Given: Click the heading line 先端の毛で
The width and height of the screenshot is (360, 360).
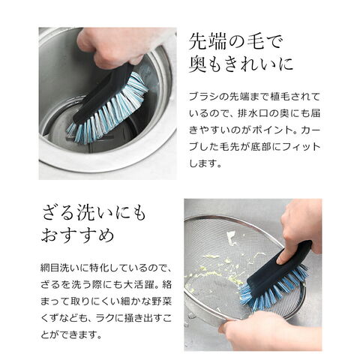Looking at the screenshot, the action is point(235,42).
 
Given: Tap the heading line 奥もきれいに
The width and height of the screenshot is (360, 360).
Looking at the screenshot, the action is point(241,64).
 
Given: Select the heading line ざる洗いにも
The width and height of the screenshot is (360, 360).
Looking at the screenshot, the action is point(94,213).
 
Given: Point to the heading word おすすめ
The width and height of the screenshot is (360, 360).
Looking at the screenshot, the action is point(78,235).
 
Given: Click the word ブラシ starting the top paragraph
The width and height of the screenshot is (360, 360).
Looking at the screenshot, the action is point(201,97).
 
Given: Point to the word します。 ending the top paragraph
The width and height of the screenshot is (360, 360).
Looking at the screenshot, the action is point(205,163).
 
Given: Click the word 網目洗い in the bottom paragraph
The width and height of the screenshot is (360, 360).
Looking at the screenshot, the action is point(57,268).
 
